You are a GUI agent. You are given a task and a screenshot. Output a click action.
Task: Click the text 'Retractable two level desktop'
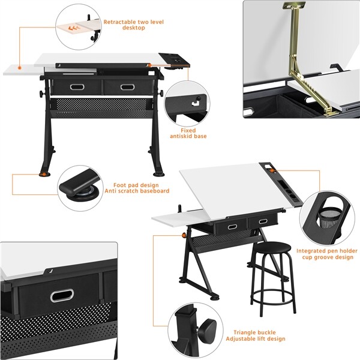pyautogui.click(x=133, y=25)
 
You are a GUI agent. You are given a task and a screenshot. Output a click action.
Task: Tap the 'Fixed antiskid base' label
pyautogui.click(x=193, y=133)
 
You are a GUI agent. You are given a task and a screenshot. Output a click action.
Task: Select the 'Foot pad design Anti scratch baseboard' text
pyautogui.click(x=141, y=188)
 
